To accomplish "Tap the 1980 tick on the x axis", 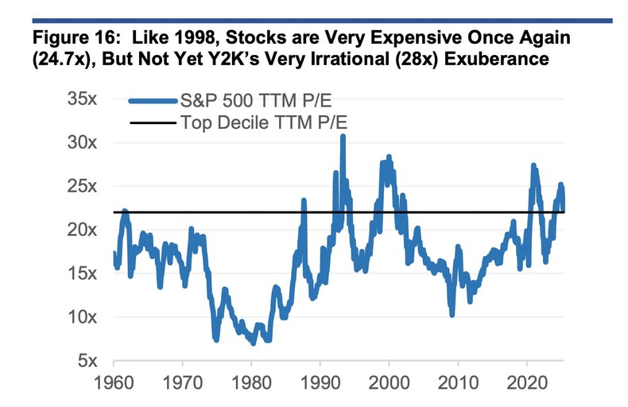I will (251, 383).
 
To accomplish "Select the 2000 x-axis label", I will (390, 383).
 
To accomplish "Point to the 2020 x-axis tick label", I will (528, 383).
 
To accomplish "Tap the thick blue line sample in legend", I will (152, 101).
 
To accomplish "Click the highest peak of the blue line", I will (343, 137).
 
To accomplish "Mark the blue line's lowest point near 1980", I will (253, 343).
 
